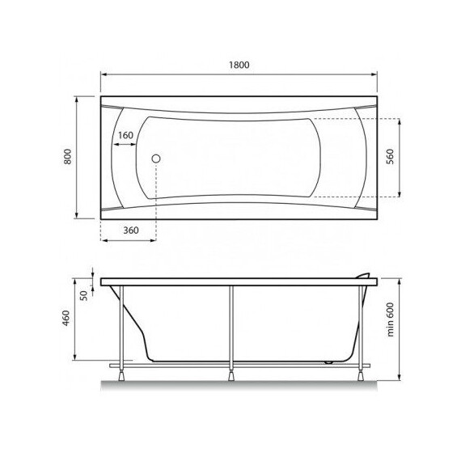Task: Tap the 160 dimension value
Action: [x=125, y=135]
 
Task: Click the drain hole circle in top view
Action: [x=158, y=159]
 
